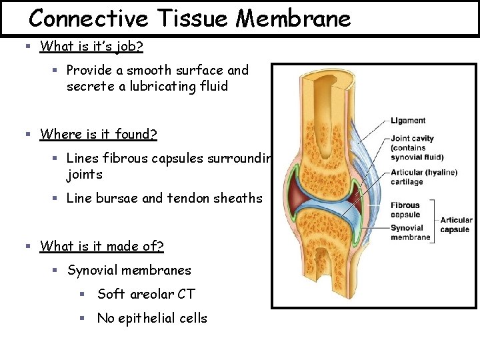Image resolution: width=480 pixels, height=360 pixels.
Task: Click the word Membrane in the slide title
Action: point(294,18)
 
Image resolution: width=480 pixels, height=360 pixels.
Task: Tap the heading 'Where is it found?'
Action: point(99,134)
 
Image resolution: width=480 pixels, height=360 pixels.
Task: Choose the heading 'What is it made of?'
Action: point(102,246)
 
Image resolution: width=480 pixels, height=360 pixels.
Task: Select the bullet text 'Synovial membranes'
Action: point(129,270)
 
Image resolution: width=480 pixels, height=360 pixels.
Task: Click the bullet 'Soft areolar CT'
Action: point(146,294)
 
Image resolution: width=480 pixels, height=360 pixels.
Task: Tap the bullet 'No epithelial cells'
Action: point(152,318)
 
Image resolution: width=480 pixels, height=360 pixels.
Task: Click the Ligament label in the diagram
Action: point(408,121)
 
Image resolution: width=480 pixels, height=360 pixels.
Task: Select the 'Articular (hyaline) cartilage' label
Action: point(424,177)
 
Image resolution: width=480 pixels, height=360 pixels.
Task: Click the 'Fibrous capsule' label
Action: point(405,210)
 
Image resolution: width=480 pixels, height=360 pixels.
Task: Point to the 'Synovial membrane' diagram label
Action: point(410,233)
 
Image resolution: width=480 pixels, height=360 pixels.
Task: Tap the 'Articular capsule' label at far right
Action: point(456,225)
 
